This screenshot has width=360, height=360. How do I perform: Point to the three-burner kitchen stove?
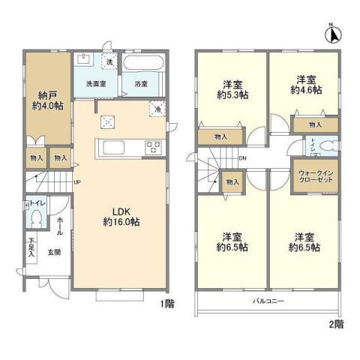pos(154,146)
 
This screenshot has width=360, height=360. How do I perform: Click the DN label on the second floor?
pos(242,158)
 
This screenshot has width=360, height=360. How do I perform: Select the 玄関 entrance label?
pos(55,253)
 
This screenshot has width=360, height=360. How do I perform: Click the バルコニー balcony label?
pos(266,300)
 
